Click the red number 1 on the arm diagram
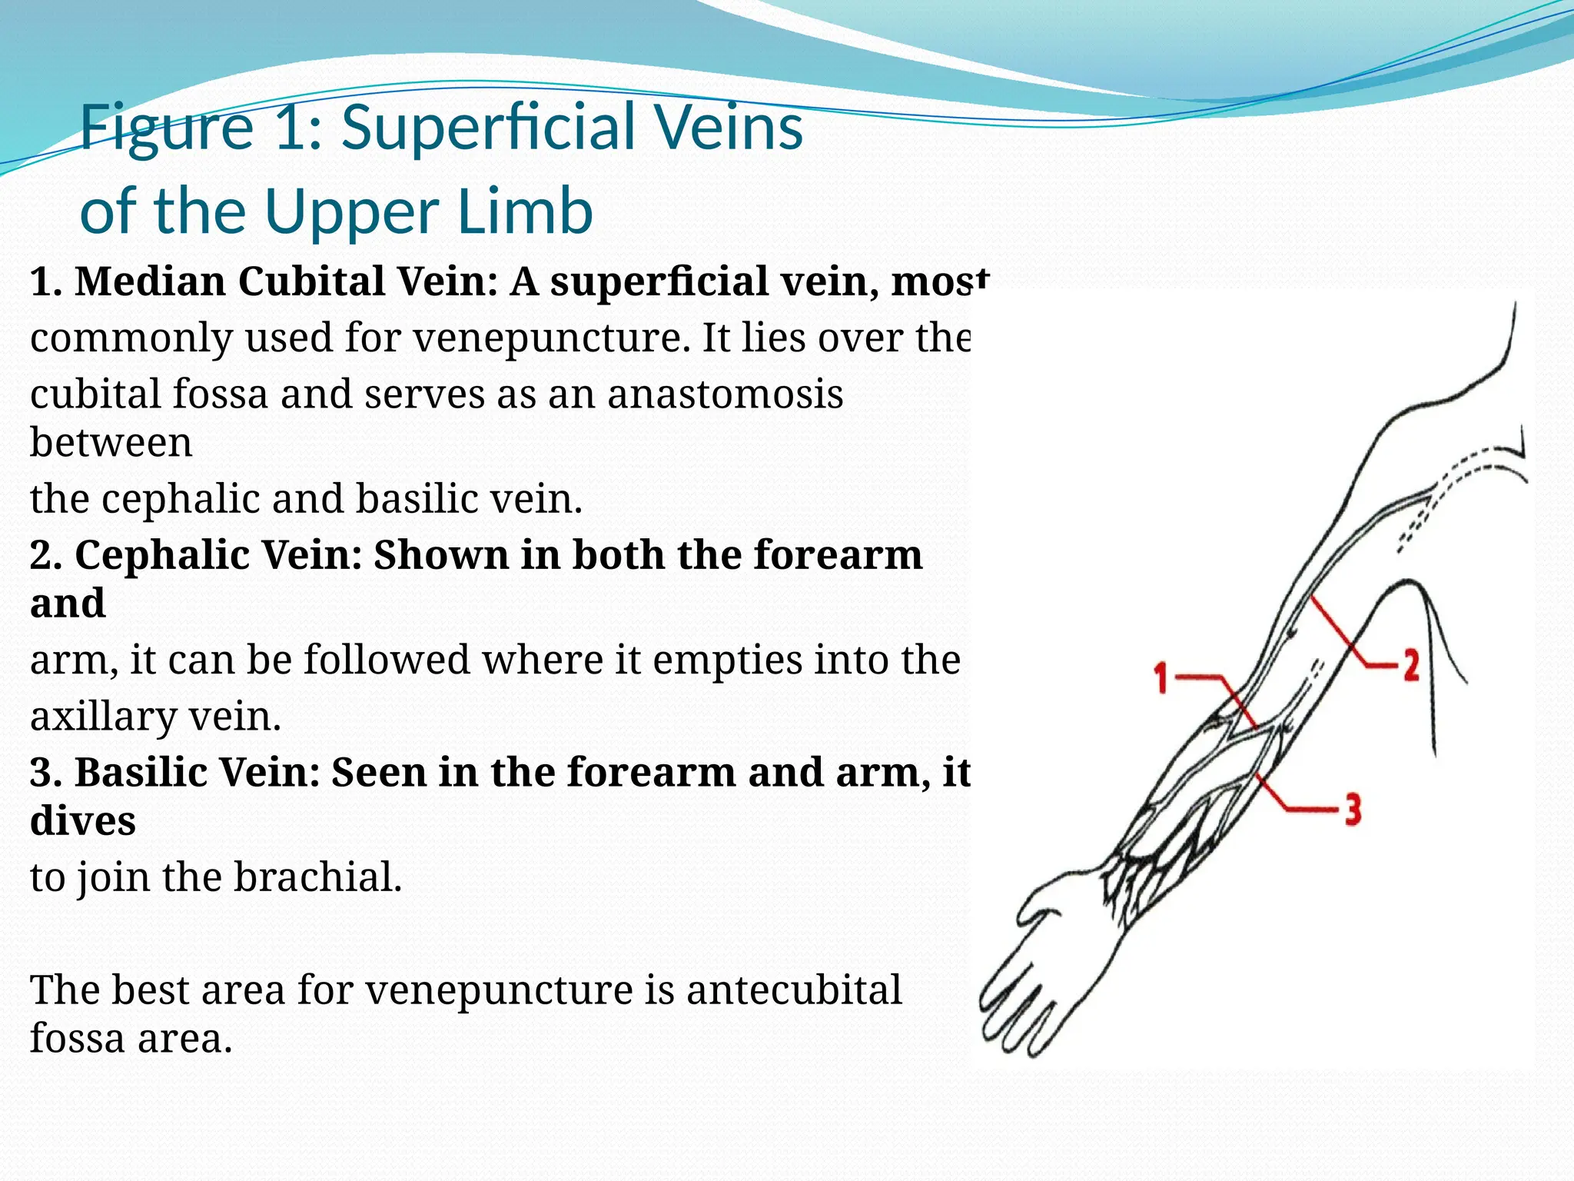(1161, 679)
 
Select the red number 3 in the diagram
(1353, 810)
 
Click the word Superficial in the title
(490, 127)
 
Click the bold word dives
(83, 821)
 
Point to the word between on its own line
(111, 443)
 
